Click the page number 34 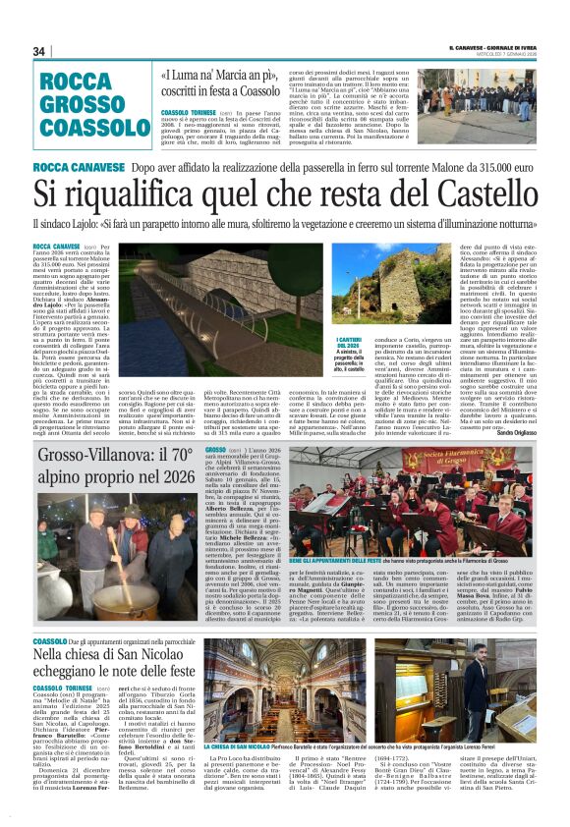pyautogui.click(x=40, y=52)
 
